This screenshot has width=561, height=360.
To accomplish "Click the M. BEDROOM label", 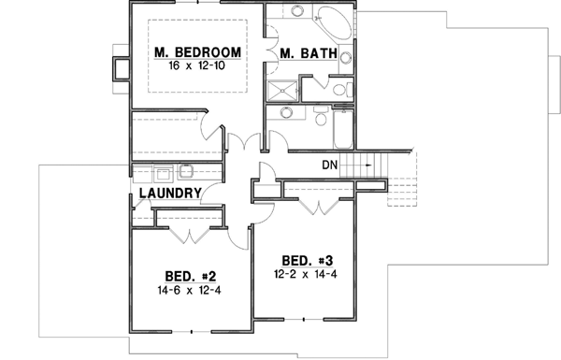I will (x=198, y=52).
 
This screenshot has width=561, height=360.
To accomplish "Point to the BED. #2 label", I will (x=192, y=276).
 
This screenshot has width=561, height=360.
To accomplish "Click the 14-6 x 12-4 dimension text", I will (x=192, y=290).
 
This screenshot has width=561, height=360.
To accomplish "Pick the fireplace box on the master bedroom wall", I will (x=120, y=68).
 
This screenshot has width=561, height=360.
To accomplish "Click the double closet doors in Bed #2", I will (x=192, y=231).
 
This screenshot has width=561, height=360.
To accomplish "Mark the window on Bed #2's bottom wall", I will (x=192, y=331).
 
